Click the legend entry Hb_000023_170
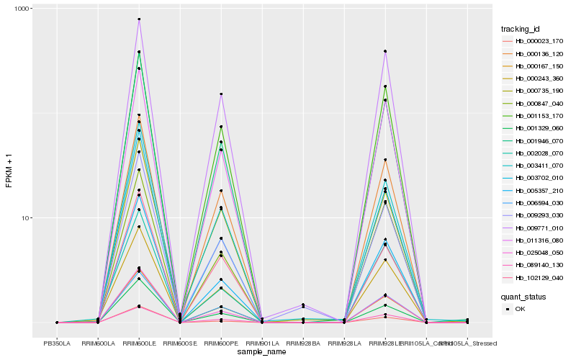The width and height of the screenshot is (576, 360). coord(533,41)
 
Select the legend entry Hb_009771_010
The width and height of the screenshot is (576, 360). coord(533,228)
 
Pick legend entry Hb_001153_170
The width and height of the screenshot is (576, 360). coord(533,115)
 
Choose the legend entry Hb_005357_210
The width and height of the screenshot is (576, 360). coord(533,190)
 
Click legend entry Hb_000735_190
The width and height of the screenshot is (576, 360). coord(533,91)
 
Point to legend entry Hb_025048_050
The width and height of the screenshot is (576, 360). coord(533,252)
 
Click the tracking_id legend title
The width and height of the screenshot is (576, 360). coord(521,29)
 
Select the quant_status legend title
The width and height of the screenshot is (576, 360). coord(524,296)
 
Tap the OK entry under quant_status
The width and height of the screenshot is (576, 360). coord(520,308)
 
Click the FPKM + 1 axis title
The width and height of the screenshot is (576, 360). coord(9,173)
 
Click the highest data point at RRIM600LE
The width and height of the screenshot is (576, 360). coord(139,19)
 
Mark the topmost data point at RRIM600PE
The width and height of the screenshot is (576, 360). coord(221,94)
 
